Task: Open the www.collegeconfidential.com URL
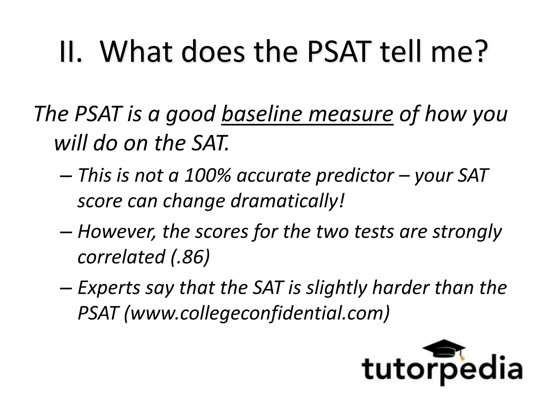[256, 313]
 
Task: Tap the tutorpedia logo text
[442, 370]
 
